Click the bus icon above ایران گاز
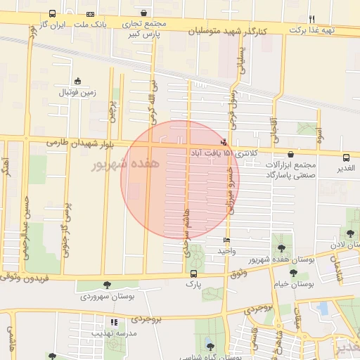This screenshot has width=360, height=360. coord(53,14)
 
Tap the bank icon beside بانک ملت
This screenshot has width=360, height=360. coord(90,14)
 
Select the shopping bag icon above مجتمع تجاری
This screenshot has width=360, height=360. coord(144,13)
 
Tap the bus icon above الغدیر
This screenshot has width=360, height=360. coord(346,157)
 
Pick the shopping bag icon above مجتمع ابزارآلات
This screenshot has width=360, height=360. coord(291,154)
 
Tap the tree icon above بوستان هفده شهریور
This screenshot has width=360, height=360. coord(282,248)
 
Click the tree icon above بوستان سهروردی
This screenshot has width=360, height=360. coord(106,285)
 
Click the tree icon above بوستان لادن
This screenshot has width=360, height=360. coord(350,233)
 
